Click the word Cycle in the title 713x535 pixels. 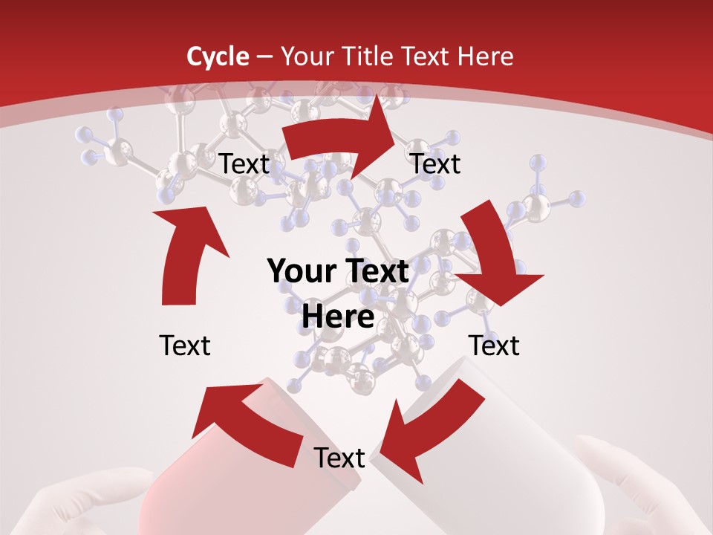point(218,56)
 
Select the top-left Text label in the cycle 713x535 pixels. point(244,163)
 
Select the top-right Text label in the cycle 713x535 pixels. point(436,163)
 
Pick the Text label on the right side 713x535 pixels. point(494,346)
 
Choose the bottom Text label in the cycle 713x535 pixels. point(339,458)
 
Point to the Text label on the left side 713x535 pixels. point(185,346)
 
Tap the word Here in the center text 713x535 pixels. point(338,317)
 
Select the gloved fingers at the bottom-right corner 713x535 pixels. point(631,490)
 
